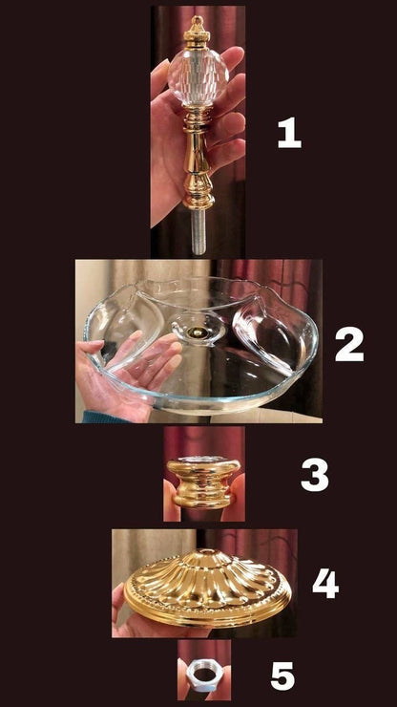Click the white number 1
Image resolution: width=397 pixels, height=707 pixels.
289,133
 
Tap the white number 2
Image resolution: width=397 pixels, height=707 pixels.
349,344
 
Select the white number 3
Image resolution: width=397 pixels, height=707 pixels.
315,475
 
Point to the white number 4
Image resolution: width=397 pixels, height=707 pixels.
325,583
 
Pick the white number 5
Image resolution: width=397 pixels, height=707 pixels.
282,675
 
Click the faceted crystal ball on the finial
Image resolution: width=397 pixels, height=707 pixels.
198,77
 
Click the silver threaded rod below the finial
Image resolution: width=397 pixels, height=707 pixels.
198,232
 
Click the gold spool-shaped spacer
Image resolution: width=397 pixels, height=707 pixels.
203,482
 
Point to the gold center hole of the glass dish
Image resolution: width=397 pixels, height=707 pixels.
196,333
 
